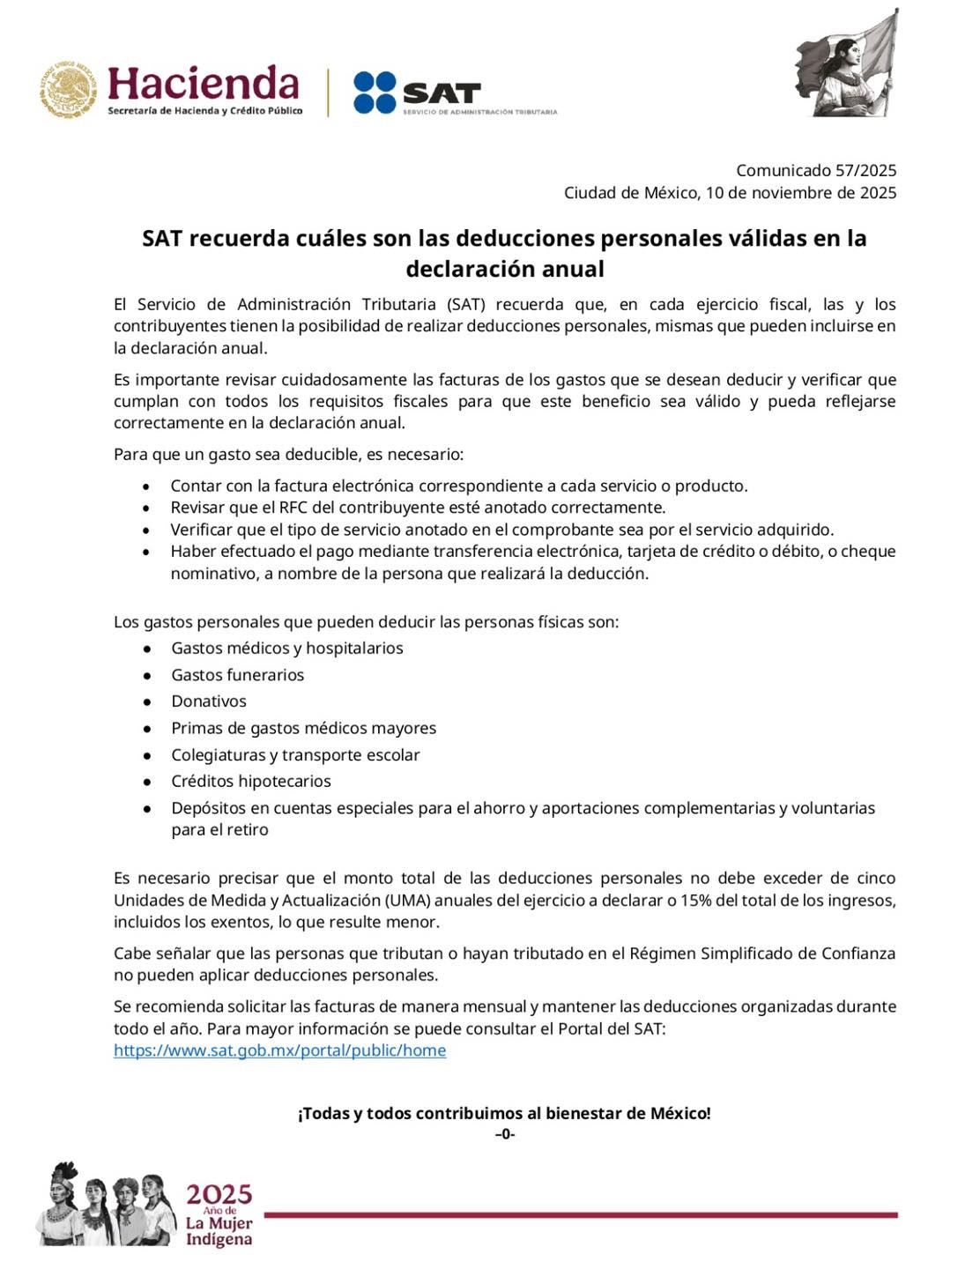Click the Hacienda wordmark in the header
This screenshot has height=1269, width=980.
click(204, 84)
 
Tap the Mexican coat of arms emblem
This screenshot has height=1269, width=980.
click(68, 89)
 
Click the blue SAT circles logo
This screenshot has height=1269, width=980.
click(375, 93)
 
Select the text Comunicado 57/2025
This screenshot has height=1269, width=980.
click(816, 170)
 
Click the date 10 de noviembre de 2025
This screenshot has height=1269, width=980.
click(800, 192)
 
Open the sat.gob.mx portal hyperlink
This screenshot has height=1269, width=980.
click(279, 1050)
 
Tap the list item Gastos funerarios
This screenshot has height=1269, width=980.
click(237, 675)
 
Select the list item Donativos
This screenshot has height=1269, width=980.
click(209, 701)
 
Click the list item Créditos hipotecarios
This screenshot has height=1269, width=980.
click(251, 782)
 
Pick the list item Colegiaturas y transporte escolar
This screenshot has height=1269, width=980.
click(295, 755)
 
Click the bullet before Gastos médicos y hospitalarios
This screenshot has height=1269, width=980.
click(147, 649)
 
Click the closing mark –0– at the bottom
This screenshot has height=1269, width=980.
click(505, 1134)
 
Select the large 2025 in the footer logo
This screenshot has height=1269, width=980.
click(219, 1194)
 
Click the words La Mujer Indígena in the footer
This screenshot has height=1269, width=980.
click(219, 1231)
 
